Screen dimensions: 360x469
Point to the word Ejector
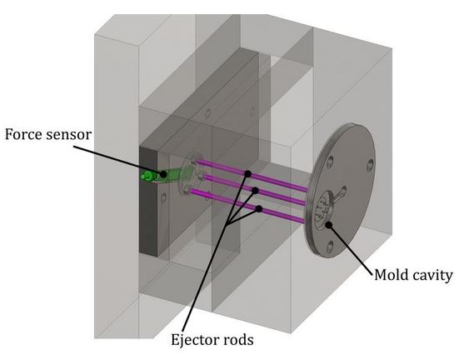pos(193,339)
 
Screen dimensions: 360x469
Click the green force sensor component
pos(152,176)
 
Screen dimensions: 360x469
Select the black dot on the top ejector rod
pos(247,174)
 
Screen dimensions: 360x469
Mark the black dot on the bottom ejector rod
pos(258,208)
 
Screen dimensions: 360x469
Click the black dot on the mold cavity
pos(330,223)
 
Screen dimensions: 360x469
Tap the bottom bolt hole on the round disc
pos(332,246)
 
